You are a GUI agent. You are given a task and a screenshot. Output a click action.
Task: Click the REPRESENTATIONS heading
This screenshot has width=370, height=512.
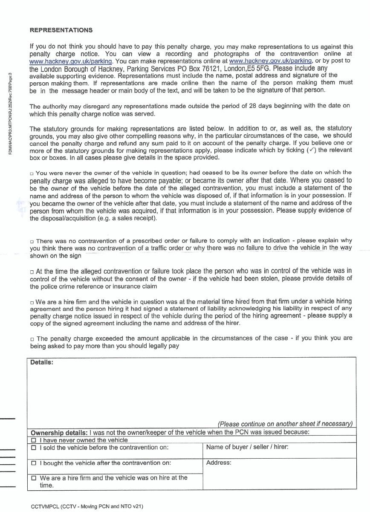tap(61, 30)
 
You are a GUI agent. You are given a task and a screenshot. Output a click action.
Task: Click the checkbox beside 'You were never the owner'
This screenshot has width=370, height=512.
tap(32, 173)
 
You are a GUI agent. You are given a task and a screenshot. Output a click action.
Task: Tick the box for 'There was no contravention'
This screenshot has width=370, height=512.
tap(32, 241)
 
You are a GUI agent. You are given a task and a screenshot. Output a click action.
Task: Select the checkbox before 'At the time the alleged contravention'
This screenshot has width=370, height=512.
tap(32, 272)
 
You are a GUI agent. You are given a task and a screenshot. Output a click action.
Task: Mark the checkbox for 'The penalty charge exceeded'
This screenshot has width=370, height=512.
tap(32, 339)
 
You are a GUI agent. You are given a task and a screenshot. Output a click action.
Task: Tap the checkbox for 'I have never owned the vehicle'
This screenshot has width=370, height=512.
tap(34, 440)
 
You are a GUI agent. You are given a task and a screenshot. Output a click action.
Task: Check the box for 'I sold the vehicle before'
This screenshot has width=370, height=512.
tap(34, 448)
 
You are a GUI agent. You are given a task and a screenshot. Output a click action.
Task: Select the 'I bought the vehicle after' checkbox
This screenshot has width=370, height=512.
tap(34, 463)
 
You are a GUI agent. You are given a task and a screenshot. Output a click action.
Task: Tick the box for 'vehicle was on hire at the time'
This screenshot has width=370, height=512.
tap(34, 478)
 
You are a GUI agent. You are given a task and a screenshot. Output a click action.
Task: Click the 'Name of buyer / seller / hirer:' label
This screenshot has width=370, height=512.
tap(247, 447)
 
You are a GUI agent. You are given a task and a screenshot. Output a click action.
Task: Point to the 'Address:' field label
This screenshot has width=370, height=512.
tap(219, 463)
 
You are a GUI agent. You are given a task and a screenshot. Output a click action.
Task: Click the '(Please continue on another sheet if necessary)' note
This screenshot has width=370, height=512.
tap(285, 424)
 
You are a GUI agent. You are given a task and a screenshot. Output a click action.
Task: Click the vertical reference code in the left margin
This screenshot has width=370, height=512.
tap(10, 111)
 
